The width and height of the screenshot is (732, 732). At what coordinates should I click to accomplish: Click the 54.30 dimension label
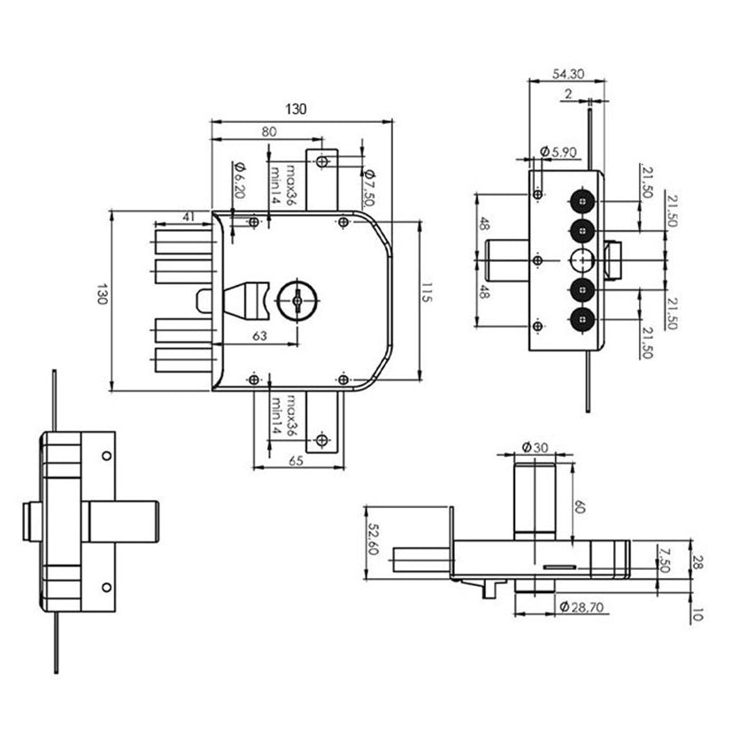pyautogui.click(x=567, y=73)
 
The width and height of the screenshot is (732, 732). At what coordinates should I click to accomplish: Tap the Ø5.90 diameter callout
pyautogui.click(x=558, y=151)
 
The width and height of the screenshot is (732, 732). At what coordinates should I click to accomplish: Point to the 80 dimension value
pyautogui.click(x=269, y=132)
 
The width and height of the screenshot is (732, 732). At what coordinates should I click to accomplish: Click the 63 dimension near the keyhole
pyautogui.click(x=259, y=335)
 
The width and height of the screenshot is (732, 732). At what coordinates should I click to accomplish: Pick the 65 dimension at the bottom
pyautogui.click(x=296, y=461)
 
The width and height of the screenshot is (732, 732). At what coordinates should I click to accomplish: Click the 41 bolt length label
pyautogui.click(x=189, y=217)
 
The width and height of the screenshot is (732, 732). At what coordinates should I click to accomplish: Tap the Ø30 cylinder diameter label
pyautogui.click(x=535, y=447)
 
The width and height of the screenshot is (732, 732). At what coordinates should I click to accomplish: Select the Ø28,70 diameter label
pyautogui.click(x=582, y=607)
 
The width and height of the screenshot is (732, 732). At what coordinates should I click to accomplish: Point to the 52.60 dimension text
pyautogui.click(x=373, y=539)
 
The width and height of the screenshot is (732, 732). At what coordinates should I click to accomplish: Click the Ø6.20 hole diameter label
pyautogui.click(x=239, y=181)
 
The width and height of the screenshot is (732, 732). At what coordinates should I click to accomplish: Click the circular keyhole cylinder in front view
pyautogui.click(x=297, y=301)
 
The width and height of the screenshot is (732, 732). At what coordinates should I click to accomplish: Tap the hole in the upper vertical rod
pyautogui.click(x=321, y=162)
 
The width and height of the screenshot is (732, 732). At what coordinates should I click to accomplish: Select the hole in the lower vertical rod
pyautogui.click(x=321, y=440)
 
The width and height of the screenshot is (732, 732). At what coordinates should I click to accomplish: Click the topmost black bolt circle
pyautogui.click(x=582, y=201)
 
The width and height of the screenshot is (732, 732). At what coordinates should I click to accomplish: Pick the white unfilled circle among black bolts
pyautogui.click(x=582, y=260)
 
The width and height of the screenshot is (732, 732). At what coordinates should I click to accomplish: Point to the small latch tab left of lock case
pyautogui.click(x=204, y=301)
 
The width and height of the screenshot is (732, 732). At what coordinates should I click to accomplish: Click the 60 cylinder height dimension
pyautogui.click(x=580, y=507)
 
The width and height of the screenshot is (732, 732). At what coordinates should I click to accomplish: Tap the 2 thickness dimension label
pyautogui.click(x=568, y=94)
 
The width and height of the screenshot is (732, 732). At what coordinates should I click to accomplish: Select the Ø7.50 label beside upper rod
pyautogui.click(x=369, y=188)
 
